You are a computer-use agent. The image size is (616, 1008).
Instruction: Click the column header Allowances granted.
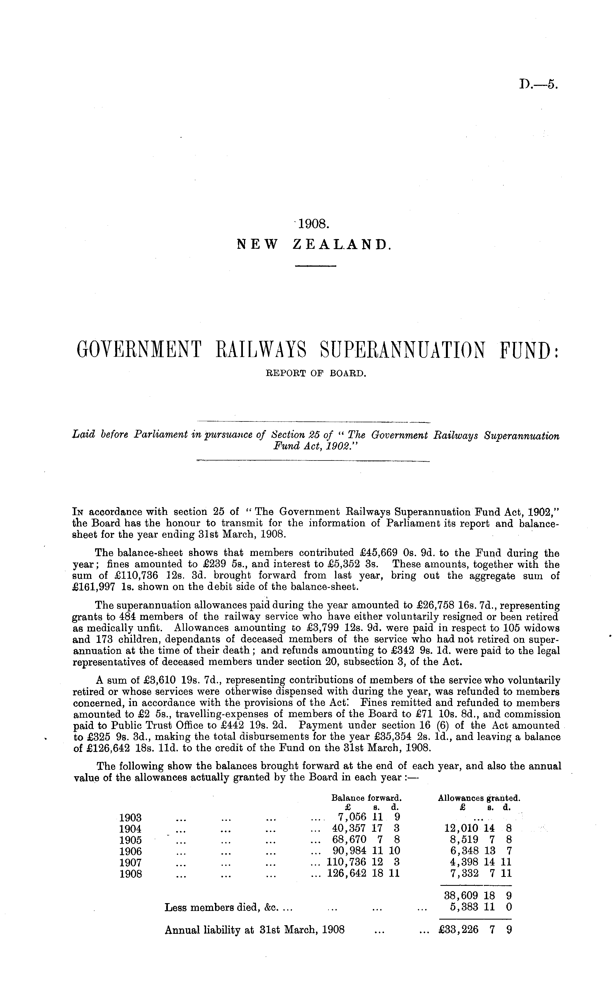coord(479,798)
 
